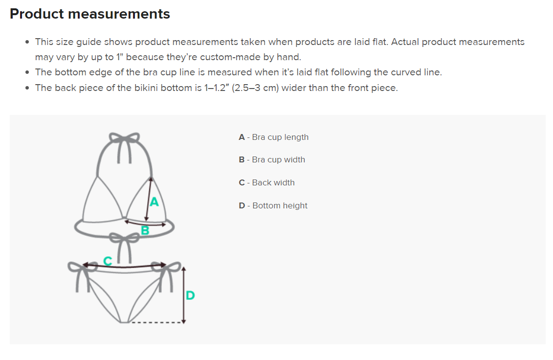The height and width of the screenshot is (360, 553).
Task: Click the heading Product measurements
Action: (90, 14)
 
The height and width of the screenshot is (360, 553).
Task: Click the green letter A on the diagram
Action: (154, 202)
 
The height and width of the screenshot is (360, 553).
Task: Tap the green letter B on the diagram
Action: (145, 230)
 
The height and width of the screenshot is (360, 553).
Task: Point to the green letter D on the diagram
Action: (190, 295)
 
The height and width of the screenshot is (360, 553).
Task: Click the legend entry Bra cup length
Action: (274, 137)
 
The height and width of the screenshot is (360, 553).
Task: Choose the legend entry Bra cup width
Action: (272, 159)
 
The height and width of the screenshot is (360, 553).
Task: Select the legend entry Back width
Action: (267, 182)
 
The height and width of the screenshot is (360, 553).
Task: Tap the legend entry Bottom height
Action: (273, 205)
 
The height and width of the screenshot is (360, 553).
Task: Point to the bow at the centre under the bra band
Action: (124, 240)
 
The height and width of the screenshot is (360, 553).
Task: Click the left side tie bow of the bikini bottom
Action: (78, 269)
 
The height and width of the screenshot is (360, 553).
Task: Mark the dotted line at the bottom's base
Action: (156, 323)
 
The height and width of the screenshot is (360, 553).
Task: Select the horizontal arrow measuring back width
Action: (124, 267)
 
